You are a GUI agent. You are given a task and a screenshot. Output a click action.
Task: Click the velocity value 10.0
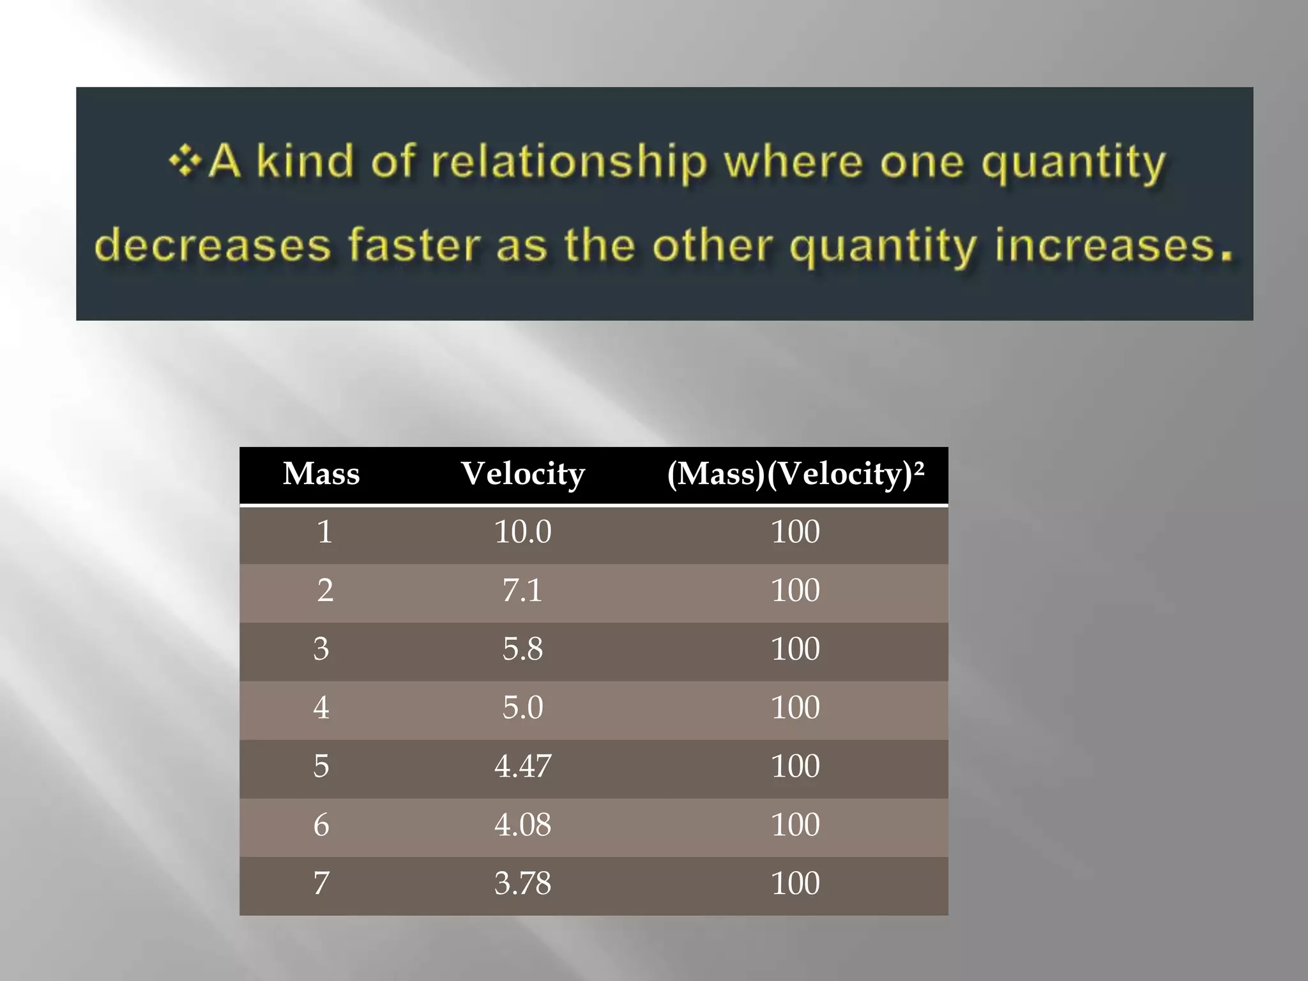tap(522, 532)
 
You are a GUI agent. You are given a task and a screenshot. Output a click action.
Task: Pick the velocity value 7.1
tap(522, 591)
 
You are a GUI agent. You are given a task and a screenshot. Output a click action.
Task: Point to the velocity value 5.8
tap(522, 650)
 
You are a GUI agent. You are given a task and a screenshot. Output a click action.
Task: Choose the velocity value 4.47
tap(522, 766)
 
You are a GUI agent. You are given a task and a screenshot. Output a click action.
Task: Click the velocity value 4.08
tap(522, 825)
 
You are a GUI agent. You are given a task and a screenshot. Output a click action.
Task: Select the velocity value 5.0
tap(522, 708)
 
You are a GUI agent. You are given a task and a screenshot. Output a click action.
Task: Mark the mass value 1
tap(324, 532)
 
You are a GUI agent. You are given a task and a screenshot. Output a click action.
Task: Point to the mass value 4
tap(321, 708)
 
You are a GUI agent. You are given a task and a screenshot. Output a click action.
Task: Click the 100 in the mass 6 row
tap(795, 825)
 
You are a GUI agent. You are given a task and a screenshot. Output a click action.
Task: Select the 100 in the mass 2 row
tap(795, 591)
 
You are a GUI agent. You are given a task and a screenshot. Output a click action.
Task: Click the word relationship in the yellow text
tap(569, 162)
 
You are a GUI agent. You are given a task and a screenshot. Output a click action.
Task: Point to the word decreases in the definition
tap(213, 246)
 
